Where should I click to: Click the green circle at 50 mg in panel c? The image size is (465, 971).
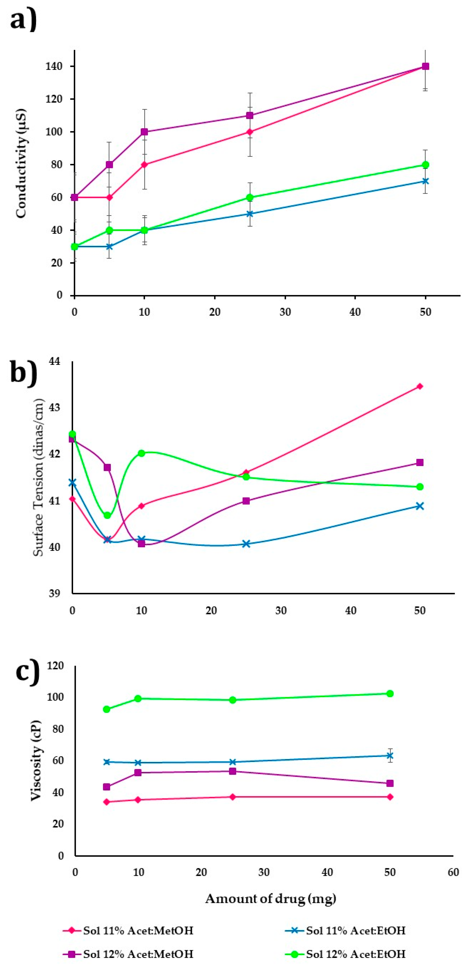(390, 694)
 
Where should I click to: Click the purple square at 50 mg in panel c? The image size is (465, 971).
(390, 783)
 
